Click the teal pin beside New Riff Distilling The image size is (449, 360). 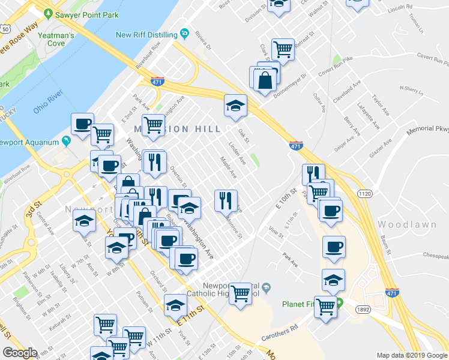(185, 33)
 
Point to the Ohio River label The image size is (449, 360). (48, 103)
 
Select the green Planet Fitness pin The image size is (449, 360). (339, 302)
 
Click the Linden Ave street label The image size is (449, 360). (237, 153)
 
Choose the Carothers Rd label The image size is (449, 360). (279, 334)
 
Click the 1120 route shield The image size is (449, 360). (364, 193)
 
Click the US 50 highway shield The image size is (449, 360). (4, 28)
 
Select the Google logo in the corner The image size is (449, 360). (20, 353)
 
